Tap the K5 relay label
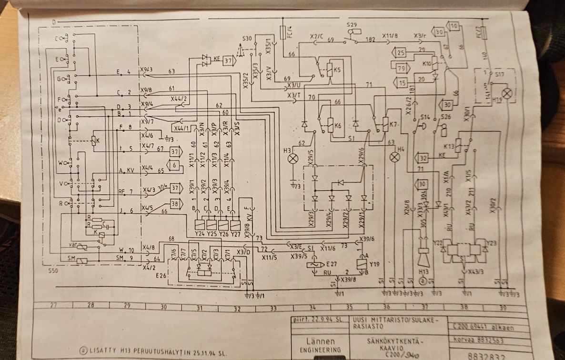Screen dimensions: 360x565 coord(337,70)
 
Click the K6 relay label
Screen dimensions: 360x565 coord(338,126)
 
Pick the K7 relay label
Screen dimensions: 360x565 coord(393,125)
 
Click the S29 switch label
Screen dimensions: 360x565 coord(352,24)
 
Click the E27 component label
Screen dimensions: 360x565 coord(332,263)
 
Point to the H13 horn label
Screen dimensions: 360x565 coord(421,271)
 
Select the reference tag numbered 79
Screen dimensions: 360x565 coord(401,68)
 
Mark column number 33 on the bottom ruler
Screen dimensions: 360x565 coord(273,308)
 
